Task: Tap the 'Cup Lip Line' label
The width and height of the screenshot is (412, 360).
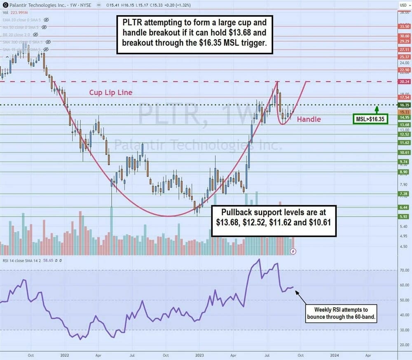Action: (111, 92)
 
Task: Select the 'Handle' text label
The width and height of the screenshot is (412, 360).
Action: (309, 119)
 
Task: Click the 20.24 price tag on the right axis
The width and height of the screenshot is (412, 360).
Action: (404, 82)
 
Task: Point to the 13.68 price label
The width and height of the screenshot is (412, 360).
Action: (404, 124)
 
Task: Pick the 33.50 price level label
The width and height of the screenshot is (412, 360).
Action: (404, 26)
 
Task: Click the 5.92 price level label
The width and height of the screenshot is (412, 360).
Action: (404, 217)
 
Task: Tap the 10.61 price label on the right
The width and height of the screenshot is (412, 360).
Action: (404, 152)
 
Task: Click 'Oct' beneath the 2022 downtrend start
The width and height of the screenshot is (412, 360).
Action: (30, 354)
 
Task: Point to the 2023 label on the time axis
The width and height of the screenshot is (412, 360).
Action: (199, 354)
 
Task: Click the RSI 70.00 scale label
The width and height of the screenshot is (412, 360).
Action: (404, 271)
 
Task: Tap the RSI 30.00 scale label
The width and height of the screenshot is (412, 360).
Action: (404, 330)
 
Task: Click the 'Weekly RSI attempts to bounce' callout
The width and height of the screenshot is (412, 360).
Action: (342, 313)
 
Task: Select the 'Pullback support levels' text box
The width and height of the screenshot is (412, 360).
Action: (274, 221)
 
